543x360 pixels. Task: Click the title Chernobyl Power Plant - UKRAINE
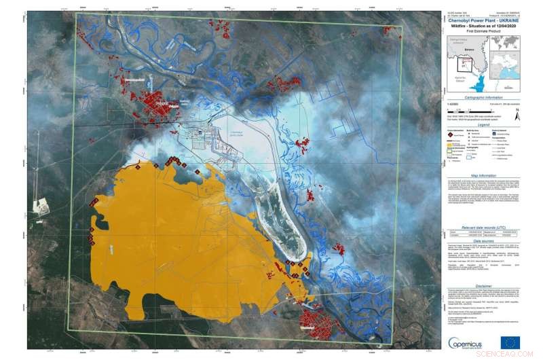click(482, 20)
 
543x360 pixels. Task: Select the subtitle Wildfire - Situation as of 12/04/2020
click(482, 26)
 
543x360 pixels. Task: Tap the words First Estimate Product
click(482, 31)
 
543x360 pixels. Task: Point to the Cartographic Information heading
click(482, 98)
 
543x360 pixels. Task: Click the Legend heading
click(482, 125)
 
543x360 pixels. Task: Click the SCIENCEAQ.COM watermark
click(512, 354)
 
